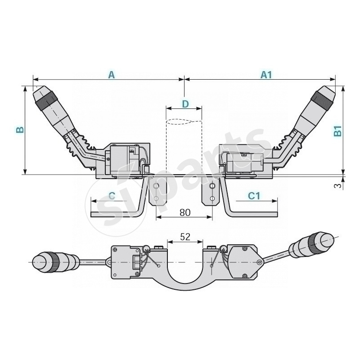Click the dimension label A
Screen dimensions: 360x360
point(112,75)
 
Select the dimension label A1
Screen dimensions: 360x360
point(267,75)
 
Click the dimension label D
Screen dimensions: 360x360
point(185,104)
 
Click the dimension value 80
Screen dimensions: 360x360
point(184,212)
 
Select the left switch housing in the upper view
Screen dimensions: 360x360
point(126,160)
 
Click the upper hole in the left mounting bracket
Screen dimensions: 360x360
point(156,186)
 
